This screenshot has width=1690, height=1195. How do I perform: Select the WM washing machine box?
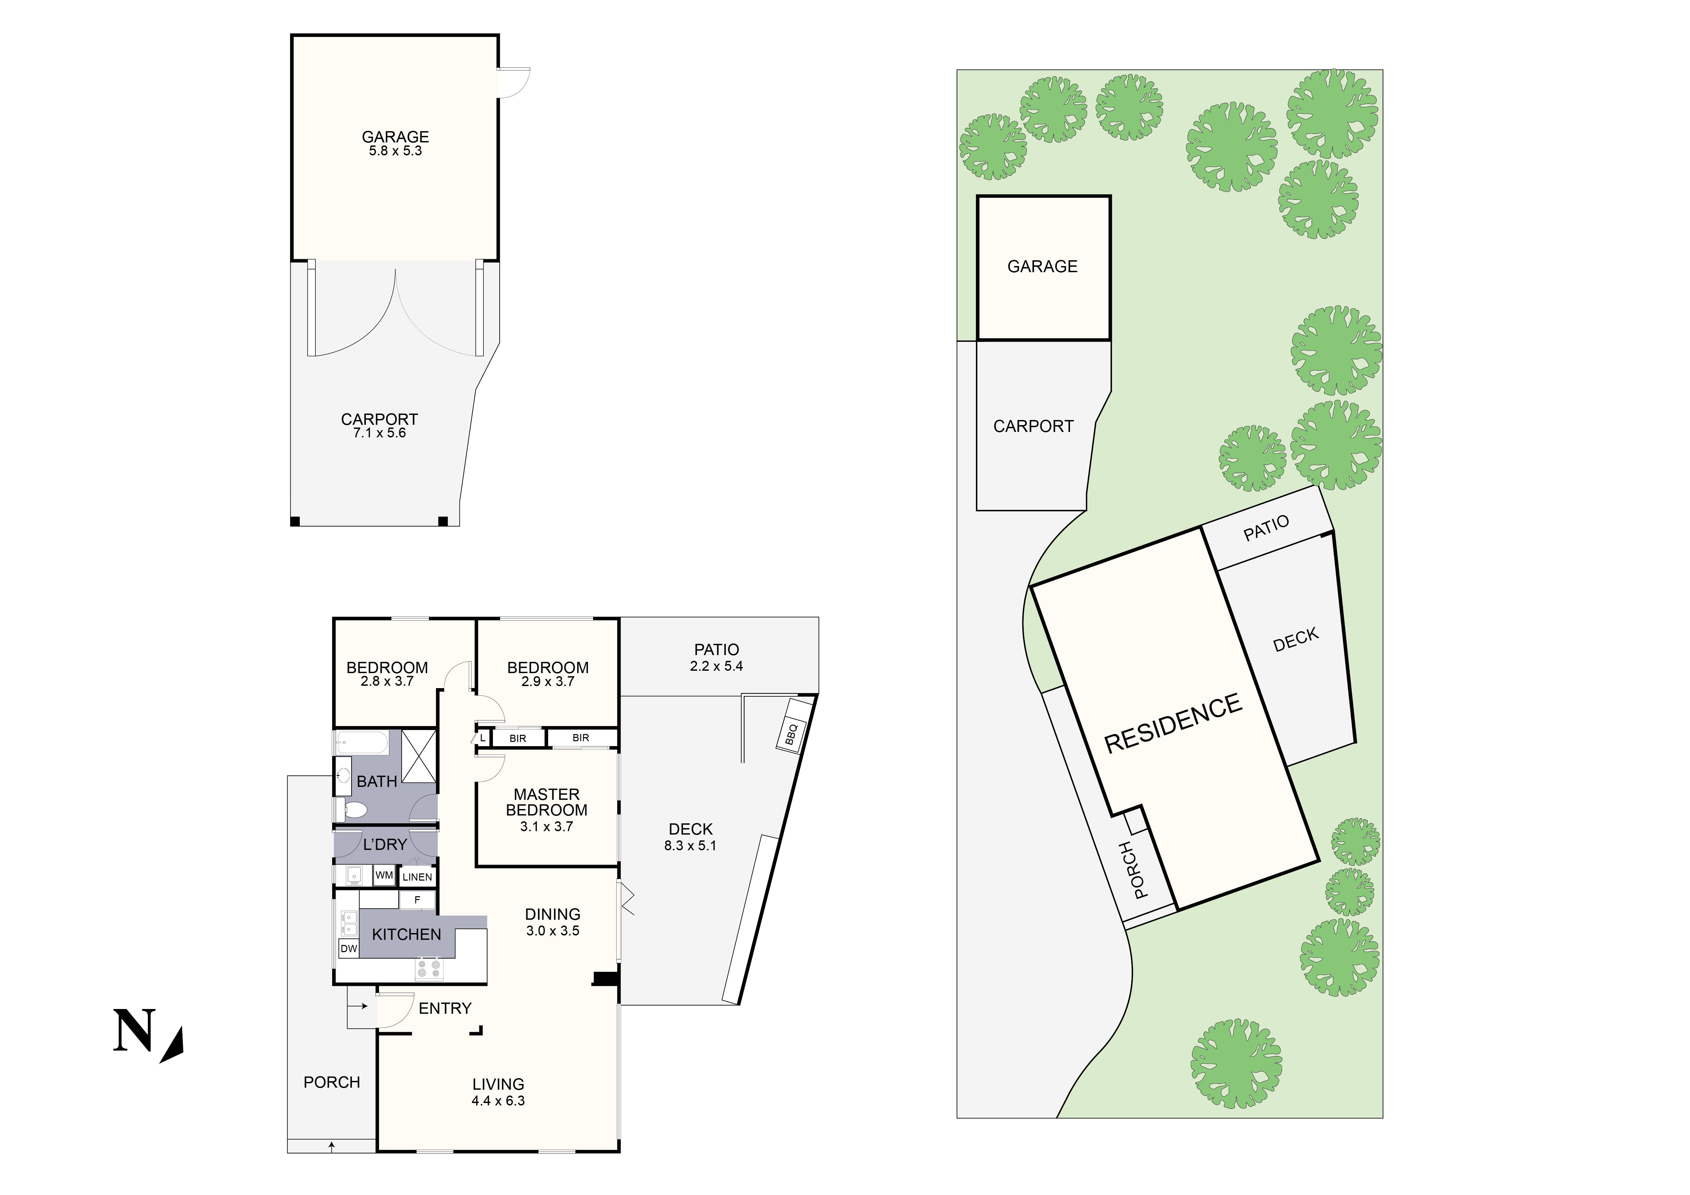pos(384,876)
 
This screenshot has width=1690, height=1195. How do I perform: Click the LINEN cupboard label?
pos(417,877)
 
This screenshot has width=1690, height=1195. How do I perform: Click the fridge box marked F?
pos(417,900)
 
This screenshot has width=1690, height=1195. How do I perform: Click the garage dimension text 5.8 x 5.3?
pos(395,151)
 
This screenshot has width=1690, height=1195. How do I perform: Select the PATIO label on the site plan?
pos(1266,528)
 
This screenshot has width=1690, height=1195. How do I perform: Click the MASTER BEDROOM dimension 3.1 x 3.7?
pos(546,826)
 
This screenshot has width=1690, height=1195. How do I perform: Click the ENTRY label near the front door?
pos(445,1008)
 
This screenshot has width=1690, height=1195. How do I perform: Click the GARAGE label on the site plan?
pos(1042,266)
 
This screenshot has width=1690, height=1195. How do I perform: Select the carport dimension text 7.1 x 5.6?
pos(379,433)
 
